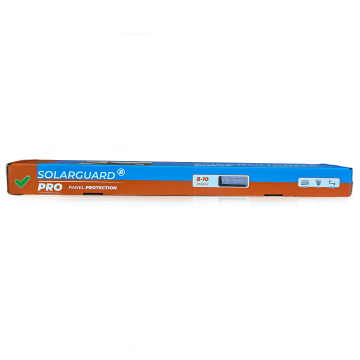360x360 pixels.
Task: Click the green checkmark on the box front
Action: pos(20,183)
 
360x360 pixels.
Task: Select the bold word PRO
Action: pos(51,186)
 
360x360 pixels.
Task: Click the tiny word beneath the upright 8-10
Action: pos(204,185)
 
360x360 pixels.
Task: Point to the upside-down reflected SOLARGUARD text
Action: pos(74,203)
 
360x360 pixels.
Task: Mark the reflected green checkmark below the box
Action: pos(20,197)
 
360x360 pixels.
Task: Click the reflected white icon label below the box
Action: pos(318,203)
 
